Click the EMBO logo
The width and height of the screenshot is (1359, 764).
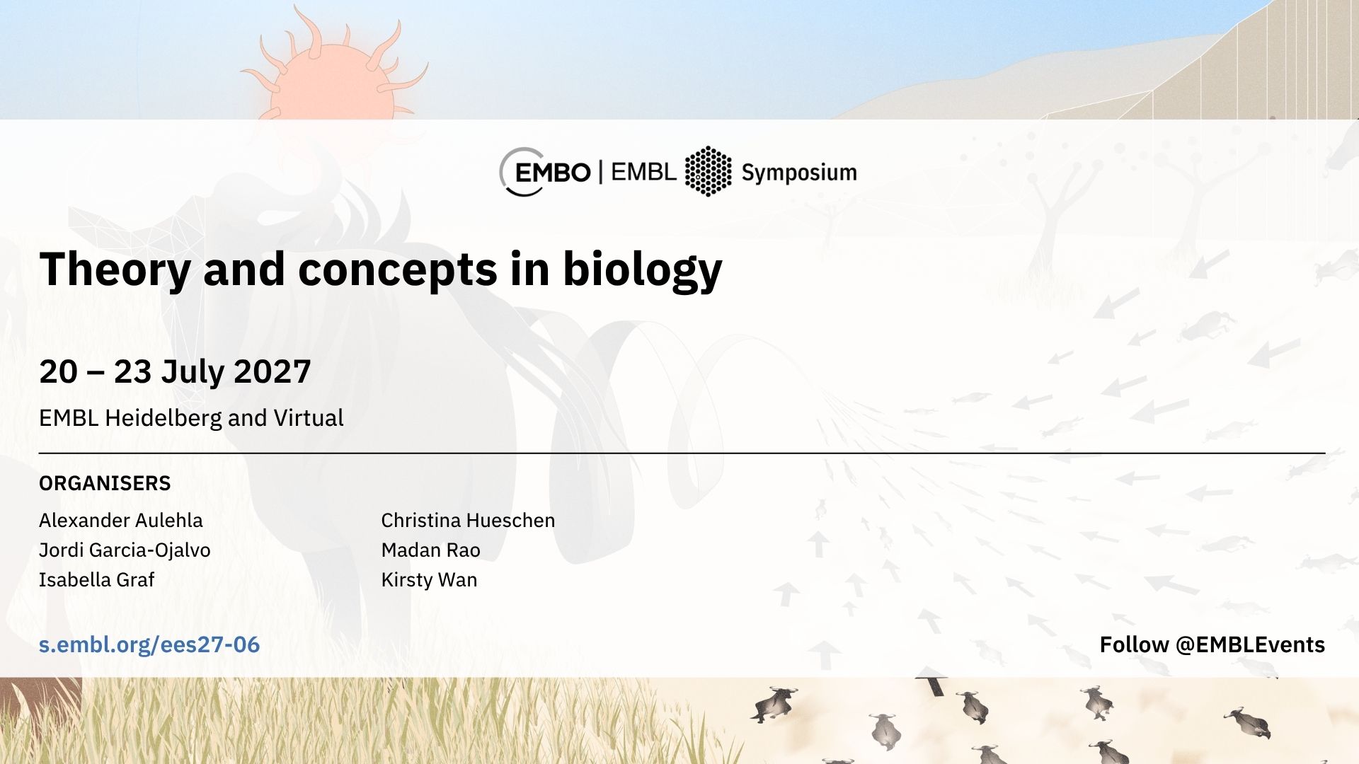tap(545, 172)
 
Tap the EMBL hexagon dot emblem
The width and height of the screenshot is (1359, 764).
tap(708, 171)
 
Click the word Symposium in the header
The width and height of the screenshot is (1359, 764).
tap(799, 173)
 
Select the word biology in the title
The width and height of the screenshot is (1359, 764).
tap(642, 270)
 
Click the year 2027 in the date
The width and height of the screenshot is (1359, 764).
tap(273, 371)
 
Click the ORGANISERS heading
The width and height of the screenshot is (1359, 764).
tap(105, 483)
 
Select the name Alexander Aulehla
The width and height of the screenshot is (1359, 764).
tap(121, 520)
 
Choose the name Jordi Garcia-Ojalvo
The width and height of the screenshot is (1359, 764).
tap(125, 550)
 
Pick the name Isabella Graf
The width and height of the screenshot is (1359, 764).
tap(96, 580)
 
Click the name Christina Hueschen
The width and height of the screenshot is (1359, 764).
tap(468, 520)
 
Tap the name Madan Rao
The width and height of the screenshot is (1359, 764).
tap(430, 550)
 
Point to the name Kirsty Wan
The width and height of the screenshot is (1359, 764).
tap(429, 580)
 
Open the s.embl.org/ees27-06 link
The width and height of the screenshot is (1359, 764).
tap(149, 644)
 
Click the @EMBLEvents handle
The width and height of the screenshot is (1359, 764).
tap(1250, 644)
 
